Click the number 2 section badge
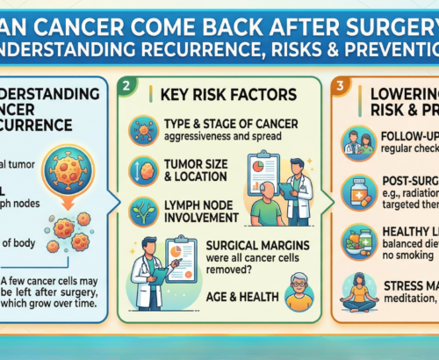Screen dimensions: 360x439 point(129,84)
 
